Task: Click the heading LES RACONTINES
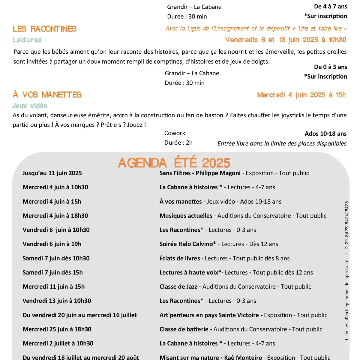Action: click(x=45, y=29)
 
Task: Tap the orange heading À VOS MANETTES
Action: click(x=47, y=95)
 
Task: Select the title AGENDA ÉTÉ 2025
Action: click(x=174, y=163)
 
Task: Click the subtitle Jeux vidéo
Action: click(x=30, y=106)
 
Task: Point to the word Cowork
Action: click(x=175, y=133)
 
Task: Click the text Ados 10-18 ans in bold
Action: click(x=325, y=133)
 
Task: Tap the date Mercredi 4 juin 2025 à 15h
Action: click(x=301, y=95)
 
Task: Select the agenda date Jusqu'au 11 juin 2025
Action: click(x=52, y=173)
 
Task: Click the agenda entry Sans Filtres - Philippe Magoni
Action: click(x=200, y=173)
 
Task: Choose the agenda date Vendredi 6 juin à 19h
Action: click(x=52, y=244)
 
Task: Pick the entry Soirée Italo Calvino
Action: click(x=187, y=244)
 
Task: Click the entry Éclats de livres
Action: click(x=180, y=258)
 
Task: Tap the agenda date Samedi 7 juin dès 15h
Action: click(x=52, y=272)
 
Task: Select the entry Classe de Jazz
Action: click(x=178, y=286)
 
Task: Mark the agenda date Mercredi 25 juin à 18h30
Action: click(x=57, y=329)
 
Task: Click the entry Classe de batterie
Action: click(x=184, y=329)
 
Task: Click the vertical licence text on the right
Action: click(x=346, y=270)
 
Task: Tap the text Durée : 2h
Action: click(x=178, y=142)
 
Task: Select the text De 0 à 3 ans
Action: click(x=330, y=67)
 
